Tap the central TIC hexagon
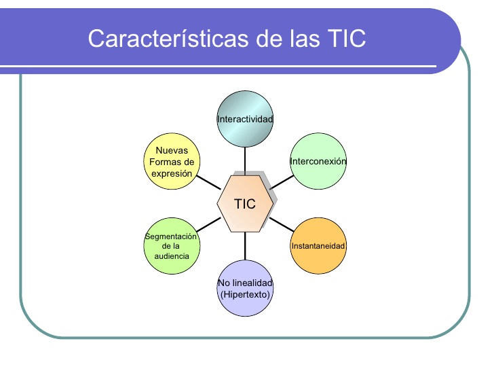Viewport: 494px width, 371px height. coord(245,203)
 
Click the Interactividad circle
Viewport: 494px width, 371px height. coord(245,120)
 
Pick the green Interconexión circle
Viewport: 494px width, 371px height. coord(318,162)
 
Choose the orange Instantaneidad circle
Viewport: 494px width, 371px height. coord(318,245)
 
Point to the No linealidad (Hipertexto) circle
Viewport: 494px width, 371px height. coord(245,288)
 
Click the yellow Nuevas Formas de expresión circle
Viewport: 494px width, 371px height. coord(172,162)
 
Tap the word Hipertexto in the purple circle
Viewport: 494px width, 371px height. coord(245,294)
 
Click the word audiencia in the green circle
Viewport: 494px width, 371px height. coord(172,255)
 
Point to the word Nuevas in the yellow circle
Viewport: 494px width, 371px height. coord(172,151)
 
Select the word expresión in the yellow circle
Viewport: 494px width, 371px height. coord(172,174)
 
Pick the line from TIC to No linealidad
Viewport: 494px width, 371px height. coord(245,246)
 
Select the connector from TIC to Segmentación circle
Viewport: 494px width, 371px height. coord(208,224)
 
